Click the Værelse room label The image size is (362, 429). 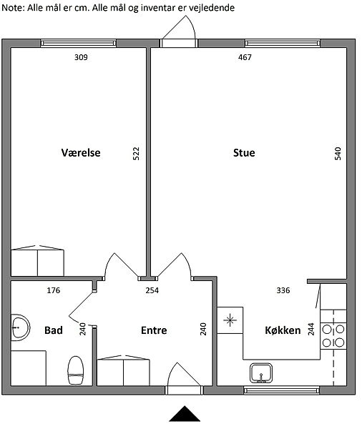click(81, 153)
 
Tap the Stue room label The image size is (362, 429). click(244, 153)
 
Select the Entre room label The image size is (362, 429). click(154, 330)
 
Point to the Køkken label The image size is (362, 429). click(283, 330)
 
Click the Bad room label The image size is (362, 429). click(54, 330)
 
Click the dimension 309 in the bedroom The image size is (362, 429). click(81, 57)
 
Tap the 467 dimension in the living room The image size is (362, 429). click(245, 57)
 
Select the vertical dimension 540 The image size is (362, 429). click(338, 154)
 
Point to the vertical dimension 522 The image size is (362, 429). click(136, 154)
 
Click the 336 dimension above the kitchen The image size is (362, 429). click(283, 290)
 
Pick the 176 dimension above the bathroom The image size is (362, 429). click(54, 290)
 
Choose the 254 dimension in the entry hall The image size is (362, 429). click(152, 290)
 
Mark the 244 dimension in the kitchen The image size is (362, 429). click(311, 329)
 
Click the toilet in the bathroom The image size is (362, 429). click(76, 370)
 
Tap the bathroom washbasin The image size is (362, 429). click(20, 327)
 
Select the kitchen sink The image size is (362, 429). click(261, 373)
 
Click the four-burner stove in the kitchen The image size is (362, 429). click(333, 336)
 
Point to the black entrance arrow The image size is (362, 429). click(185, 414)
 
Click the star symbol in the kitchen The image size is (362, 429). click(230, 320)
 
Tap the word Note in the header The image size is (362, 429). click(12, 8)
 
